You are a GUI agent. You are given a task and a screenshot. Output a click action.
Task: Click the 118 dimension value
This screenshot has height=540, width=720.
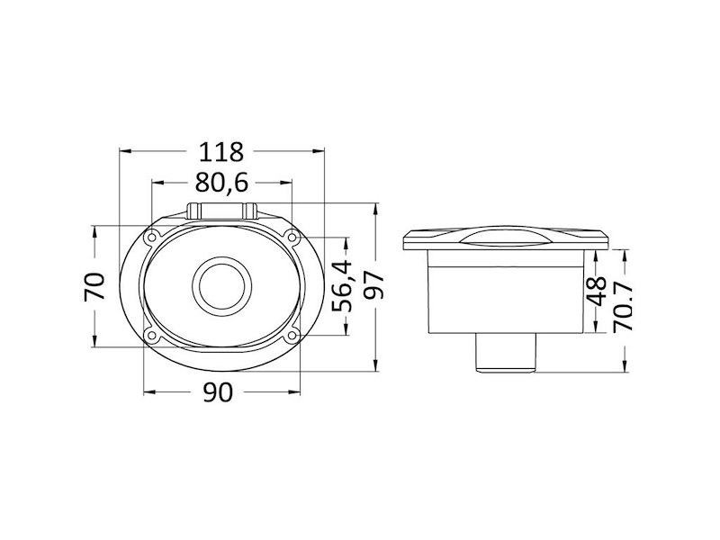(x=220, y=152)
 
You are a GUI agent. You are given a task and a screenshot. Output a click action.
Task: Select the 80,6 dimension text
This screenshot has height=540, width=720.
(x=221, y=183)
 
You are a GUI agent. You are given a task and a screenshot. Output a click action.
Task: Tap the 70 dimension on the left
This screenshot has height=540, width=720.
(x=94, y=286)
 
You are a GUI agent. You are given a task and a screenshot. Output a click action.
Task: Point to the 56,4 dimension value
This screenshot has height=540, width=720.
(x=342, y=285)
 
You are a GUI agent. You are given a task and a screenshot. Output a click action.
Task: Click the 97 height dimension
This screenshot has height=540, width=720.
(x=373, y=285)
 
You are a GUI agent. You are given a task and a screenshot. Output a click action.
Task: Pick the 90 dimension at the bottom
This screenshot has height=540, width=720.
(x=218, y=392)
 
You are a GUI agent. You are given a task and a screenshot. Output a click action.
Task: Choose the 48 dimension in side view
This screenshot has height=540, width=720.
(x=598, y=291)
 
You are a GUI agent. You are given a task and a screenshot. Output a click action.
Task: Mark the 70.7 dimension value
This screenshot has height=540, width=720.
(x=623, y=306)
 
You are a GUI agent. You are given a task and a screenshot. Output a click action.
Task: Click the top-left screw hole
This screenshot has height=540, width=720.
(x=151, y=238)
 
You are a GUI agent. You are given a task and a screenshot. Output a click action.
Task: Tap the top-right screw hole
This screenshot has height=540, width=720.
(x=291, y=237)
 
